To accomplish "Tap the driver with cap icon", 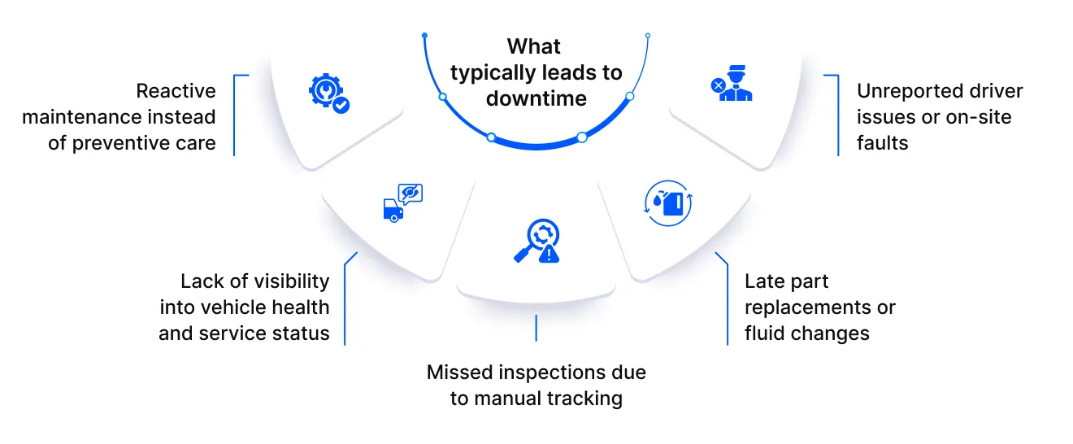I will pos(735,83).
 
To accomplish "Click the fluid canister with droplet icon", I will pos(668,202).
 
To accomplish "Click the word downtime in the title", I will pos(536,99).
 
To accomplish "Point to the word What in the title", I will pos(534,46).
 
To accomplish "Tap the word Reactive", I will pos(176,91).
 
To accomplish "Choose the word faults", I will pos(882,143).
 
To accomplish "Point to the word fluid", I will pos(767,333).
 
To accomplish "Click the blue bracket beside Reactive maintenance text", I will pos(235,115).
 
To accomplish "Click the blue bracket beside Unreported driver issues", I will pos(837,115).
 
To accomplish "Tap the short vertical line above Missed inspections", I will pos(536,328).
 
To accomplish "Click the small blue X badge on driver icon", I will pos(718,85).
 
